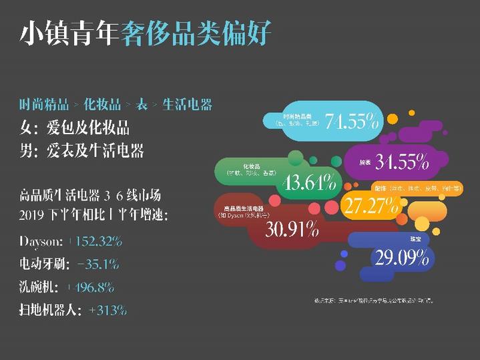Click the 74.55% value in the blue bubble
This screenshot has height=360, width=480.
coord(352,122)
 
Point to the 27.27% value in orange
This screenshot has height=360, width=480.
coord(370,206)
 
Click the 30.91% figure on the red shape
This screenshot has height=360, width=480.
coord(292,230)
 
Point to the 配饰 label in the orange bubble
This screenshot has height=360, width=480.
coord(383,188)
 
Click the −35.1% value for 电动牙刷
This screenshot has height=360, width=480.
coord(97,264)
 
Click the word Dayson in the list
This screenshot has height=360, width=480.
coord(41,241)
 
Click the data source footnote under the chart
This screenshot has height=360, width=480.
coord(374,301)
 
